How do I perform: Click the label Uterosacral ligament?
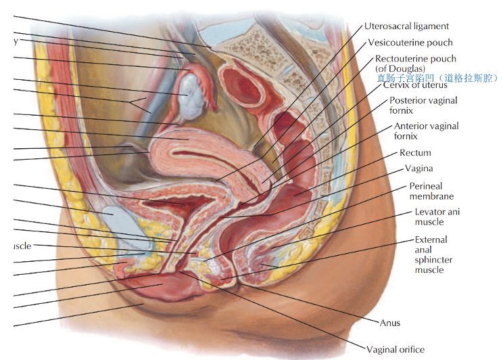point(406,26)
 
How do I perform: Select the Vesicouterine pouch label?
point(410,43)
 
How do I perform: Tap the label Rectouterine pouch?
point(415,59)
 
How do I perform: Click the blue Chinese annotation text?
point(437,78)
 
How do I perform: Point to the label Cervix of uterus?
point(415,85)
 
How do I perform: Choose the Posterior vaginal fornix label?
point(423,106)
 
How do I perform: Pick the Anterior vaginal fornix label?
point(426,131)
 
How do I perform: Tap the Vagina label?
point(418,168)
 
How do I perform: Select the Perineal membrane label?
point(431,191)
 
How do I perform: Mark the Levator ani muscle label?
point(437,217)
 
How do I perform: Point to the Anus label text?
point(390,323)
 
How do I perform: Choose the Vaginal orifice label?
point(395,350)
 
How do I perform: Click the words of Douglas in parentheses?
point(400,68)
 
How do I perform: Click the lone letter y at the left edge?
point(14,41)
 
